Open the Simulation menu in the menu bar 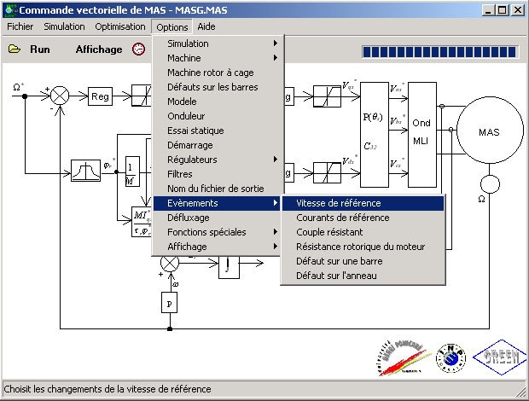pos(64,26)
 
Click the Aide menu pos(206,26)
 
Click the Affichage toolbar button pos(99,49)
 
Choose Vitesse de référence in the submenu pos(338,203)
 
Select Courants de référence pos(341,218)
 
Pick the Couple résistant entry pos(329,232)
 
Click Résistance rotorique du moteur pos(360,247)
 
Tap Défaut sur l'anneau pos(335,276)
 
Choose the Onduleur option pos(186,116)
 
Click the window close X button pos(517,10)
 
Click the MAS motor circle pos(489,132)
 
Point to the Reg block pos(100,96)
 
